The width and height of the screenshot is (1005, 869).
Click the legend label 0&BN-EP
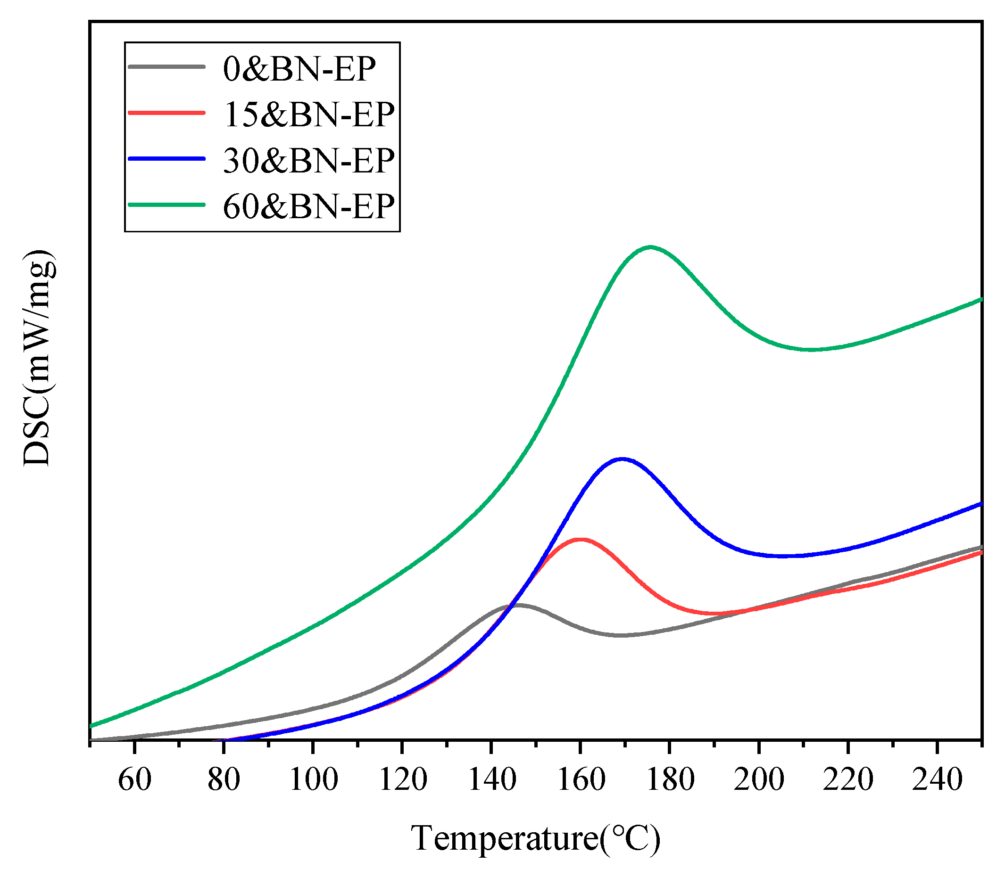[x=299, y=69]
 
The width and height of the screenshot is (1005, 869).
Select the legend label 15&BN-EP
[x=308, y=115]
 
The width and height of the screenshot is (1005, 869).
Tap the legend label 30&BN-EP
[x=308, y=161]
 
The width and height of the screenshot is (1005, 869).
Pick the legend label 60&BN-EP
[x=308, y=207]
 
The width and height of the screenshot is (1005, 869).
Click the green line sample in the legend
[x=166, y=205]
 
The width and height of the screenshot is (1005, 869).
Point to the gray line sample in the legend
[x=166, y=66]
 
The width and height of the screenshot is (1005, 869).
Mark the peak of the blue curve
[x=622, y=459]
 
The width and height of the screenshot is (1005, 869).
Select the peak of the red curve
[x=580, y=539]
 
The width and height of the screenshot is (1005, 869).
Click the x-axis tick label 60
[x=134, y=780]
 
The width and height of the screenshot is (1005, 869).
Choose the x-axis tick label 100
[x=313, y=780]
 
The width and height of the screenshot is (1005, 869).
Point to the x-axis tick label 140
[x=491, y=780]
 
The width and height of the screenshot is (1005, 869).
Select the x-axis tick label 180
[x=670, y=780]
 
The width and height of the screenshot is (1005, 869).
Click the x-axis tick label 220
[x=848, y=780]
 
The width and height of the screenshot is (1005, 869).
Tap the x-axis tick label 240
[x=937, y=780]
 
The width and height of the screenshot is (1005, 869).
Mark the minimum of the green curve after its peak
[x=810, y=349]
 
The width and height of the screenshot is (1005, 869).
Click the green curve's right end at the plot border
[x=981, y=299]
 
